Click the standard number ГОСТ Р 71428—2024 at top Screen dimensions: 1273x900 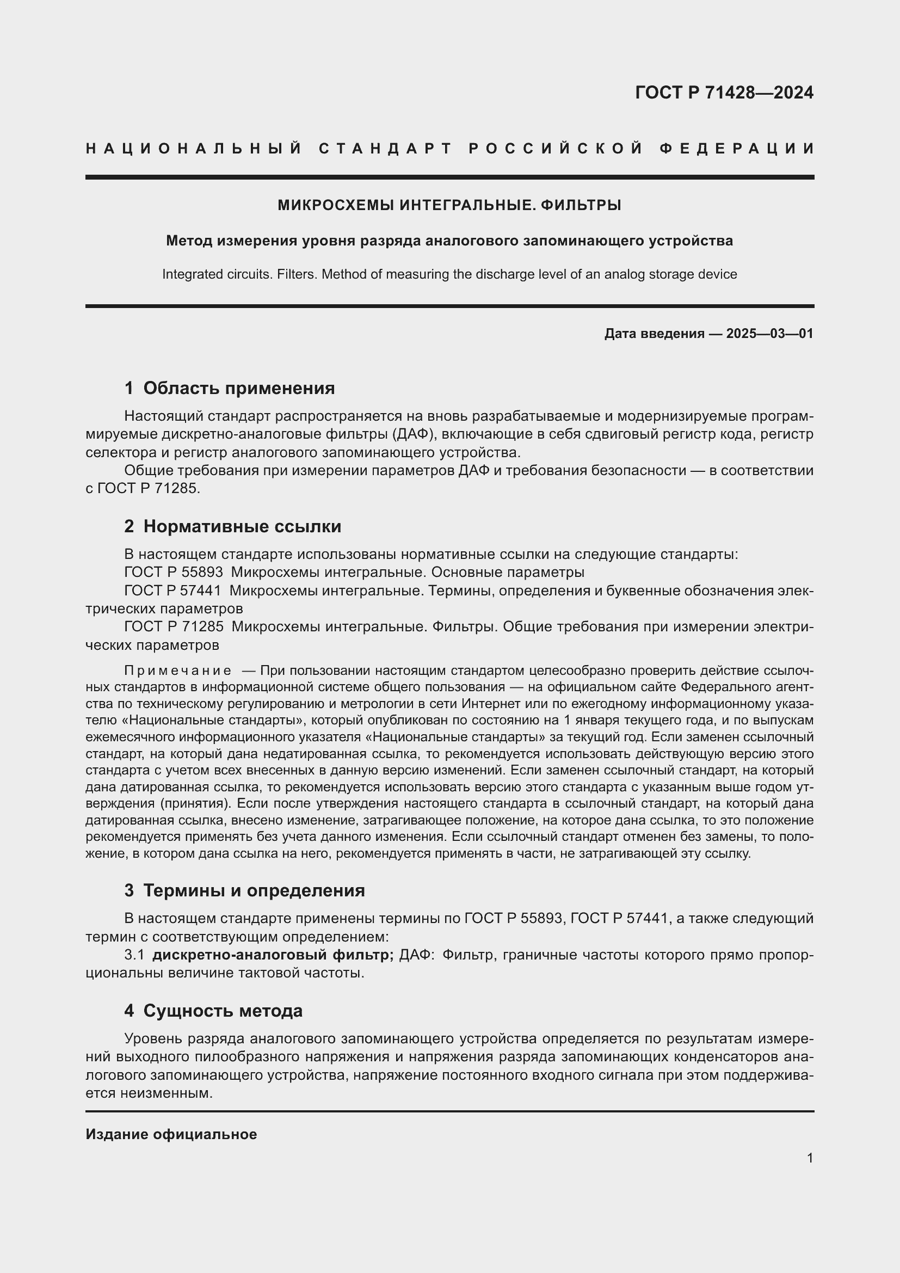pyautogui.click(x=724, y=93)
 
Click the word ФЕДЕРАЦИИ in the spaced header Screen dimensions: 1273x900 pyautogui.click(x=737, y=149)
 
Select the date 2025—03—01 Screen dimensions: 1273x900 pyautogui.click(x=770, y=334)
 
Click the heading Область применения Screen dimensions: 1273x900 pyautogui.click(x=239, y=388)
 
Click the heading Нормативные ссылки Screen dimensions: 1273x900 pyautogui.click(x=242, y=526)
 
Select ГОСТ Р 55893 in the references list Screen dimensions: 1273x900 pyautogui.click(x=174, y=572)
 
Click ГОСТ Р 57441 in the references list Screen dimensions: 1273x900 pyautogui.click(x=172, y=591)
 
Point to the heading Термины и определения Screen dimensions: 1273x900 pyautogui.click(x=254, y=890)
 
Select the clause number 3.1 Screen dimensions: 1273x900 pyautogui.click(x=134, y=955)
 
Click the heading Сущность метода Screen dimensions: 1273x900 pyautogui.click(x=223, y=1011)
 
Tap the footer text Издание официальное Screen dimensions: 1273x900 pyautogui.click(x=171, y=1134)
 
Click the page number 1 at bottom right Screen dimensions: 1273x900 pyautogui.click(x=810, y=1158)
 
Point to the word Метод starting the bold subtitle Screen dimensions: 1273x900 pyautogui.click(x=189, y=241)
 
